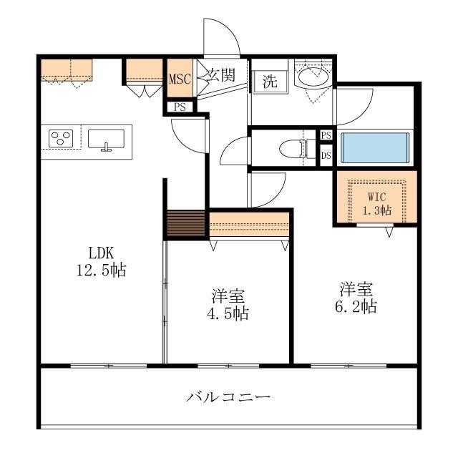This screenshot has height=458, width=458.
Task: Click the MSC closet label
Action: click(180, 79)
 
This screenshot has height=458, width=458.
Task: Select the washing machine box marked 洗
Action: click(269, 81)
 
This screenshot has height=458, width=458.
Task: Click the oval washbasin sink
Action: click(313, 77)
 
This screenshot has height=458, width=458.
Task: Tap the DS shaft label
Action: click(326, 155)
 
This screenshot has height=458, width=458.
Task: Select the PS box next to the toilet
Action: click(326, 135)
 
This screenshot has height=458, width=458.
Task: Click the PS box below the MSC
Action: click(180, 107)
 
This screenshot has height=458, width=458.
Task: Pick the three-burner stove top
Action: click(61, 138)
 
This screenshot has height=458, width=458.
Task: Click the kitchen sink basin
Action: click(106, 139)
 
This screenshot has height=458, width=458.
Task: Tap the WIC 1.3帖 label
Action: click(377, 203)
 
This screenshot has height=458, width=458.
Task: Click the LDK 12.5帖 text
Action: click(101, 261)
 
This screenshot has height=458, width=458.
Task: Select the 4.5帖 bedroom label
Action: click(228, 305)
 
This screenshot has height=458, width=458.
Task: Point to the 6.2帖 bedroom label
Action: click(356, 298)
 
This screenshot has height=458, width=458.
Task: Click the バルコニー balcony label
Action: click(228, 396)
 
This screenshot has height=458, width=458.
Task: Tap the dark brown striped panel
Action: click(186, 223)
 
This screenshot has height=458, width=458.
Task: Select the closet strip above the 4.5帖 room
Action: click(249, 224)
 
